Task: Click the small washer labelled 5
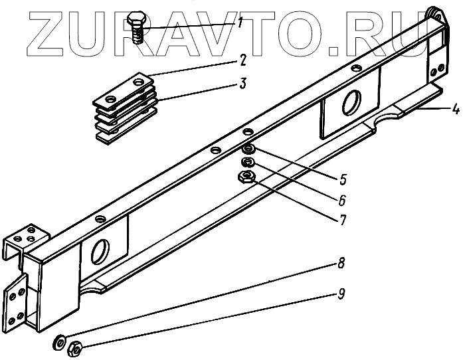point(246,149)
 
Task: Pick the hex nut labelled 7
point(246,175)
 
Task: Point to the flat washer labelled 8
point(60,343)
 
